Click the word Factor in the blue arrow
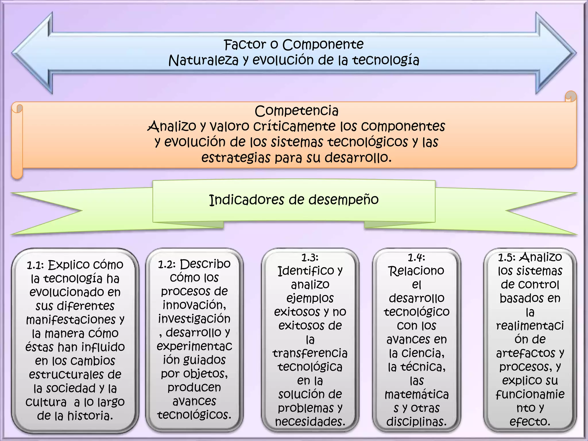[x=245, y=45]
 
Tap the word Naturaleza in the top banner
[x=203, y=61]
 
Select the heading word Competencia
[x=297, y=111]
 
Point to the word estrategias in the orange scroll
[x=236, y=158]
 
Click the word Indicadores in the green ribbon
[x=245, y=200]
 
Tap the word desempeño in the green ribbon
[x=343, y=200]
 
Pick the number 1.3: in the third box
[x=310, y=258]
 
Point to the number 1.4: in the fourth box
[x=416, y=258]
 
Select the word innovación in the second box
[x=194, y=305]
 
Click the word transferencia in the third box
[x=310, y=353]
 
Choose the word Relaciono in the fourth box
[x=416, y=271]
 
